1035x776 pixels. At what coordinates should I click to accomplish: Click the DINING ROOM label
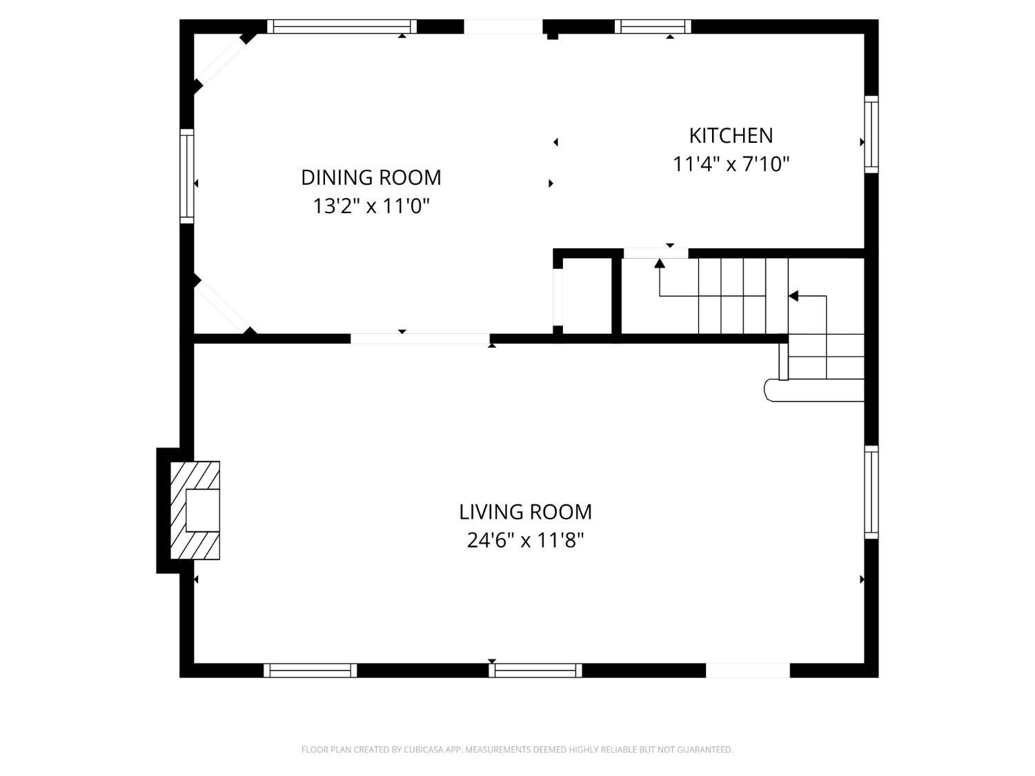click(371, 177)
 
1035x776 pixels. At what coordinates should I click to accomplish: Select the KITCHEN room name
click(731, 135)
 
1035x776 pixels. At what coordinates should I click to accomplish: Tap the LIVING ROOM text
click(525, 512)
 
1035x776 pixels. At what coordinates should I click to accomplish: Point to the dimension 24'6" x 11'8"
click(525, 540)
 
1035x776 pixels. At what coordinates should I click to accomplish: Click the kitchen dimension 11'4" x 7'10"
click(731, 164)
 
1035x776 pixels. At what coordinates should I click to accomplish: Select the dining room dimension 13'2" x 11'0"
click(371, 206)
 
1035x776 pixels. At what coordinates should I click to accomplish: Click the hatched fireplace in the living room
click(196, 510)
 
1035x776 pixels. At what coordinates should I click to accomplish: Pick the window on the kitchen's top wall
click(653, 27)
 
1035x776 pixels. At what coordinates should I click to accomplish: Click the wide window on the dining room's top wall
click(342, 27)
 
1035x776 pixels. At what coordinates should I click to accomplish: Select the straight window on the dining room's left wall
click(187, 176)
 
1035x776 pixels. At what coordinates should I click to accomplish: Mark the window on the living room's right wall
click(871, 492)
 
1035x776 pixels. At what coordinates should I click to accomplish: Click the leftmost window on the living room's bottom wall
click(310, 670)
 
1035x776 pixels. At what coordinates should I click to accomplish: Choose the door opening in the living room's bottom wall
click(747, 670)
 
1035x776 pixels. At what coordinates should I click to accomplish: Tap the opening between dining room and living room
click(420, 339)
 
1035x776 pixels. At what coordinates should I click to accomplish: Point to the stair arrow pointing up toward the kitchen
click(660, 263)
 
